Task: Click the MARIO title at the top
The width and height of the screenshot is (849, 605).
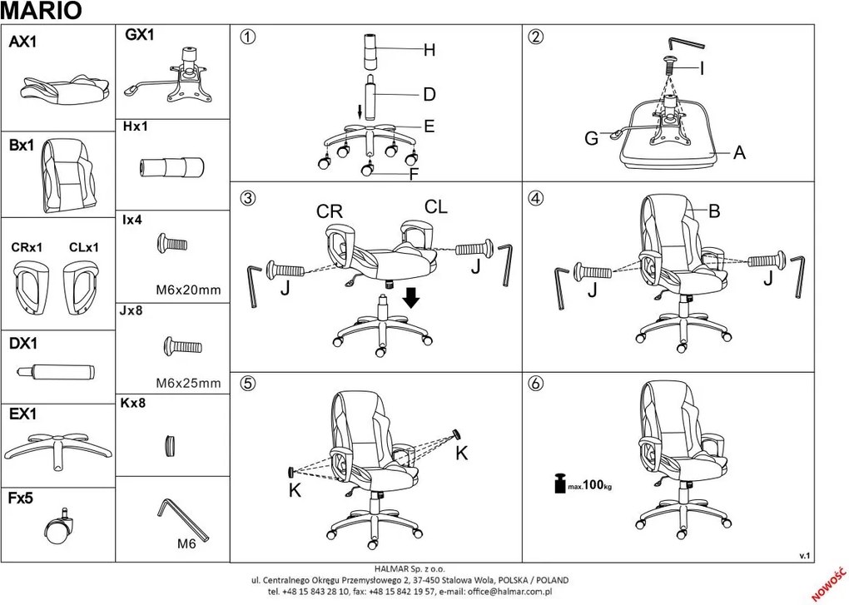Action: [x=42, y=10]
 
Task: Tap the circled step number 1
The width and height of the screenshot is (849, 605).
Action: [x=246, y=37]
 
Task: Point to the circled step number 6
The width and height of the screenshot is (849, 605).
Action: [x=536, y=384]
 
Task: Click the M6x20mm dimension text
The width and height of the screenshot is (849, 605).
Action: [x=188, y=290]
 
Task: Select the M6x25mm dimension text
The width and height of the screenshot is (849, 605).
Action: [x=188, y=384]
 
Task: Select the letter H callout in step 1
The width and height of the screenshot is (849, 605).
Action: [x=429, y=51]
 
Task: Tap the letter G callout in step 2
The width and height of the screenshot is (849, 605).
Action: [x=591, y=139]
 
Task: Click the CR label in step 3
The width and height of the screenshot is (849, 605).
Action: [x=330, y=211]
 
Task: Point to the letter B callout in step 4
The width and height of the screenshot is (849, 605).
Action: [x=713, y=211]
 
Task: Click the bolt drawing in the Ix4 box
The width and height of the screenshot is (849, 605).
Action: [x=172, y=244]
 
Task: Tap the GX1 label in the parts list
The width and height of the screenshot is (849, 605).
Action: [x=140, y=35]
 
